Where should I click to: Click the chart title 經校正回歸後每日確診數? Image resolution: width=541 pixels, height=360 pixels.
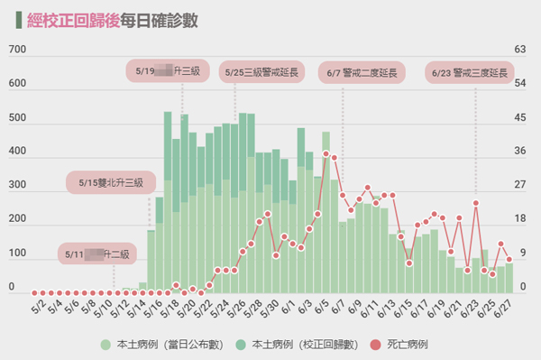113,19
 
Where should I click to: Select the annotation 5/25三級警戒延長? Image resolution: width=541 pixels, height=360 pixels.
264,71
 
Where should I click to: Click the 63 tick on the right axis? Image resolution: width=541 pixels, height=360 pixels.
519,51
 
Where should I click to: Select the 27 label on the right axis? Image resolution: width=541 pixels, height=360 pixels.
519,186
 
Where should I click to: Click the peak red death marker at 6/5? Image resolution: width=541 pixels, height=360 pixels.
326,154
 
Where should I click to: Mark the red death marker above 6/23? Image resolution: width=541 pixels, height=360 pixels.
476,203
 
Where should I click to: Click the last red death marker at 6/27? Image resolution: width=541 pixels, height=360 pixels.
509,260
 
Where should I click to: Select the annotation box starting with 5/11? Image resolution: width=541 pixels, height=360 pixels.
96,254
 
